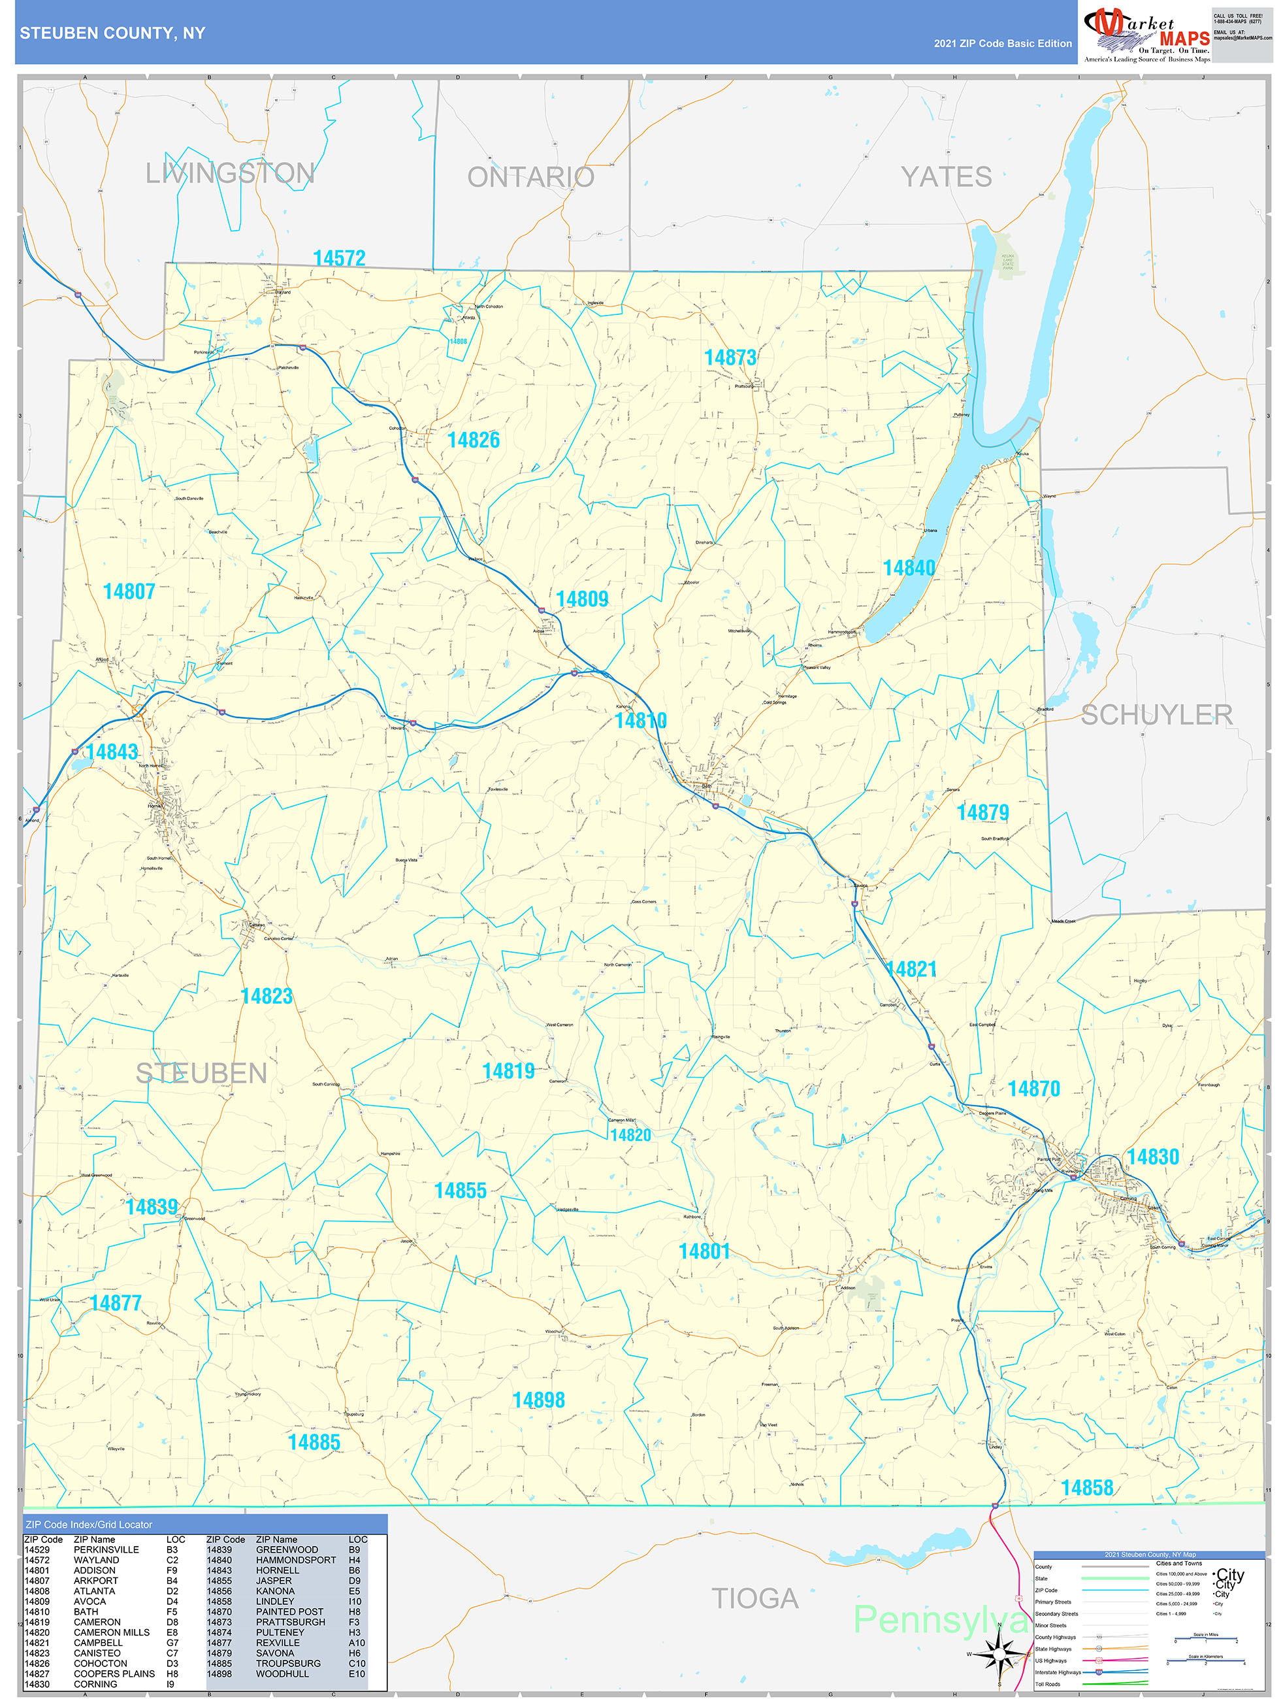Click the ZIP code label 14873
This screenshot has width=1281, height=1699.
(x=730, y=357)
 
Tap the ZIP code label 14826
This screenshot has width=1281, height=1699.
(x=473, y=440)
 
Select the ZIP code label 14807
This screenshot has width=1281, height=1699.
(x=129, y=591)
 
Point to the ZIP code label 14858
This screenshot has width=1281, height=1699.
(x=1087, y=1488)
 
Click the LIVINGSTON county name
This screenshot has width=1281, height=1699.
(x=230, y=174)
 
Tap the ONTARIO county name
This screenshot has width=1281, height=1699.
(x=530, y=178)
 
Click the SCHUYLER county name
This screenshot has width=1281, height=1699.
(x=1157, y=715)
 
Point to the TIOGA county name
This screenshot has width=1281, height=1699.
(x=755, y=1598)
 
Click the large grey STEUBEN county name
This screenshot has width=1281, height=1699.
(x=201, y=1073)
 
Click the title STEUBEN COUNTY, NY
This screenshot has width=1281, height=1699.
(x=112, y=33)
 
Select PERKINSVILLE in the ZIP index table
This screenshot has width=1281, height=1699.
(x=106, y=1550)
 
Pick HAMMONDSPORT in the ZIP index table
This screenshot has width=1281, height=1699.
(x=296, y=1560)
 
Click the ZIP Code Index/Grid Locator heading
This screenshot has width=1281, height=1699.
(x=89, y=1525)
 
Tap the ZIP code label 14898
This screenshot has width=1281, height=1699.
(x=538, y=1400)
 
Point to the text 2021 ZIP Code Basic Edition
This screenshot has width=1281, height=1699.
(x=1002, y=44)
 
